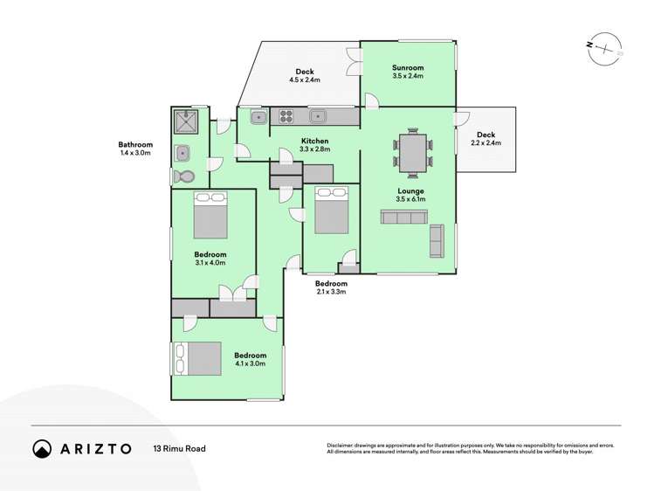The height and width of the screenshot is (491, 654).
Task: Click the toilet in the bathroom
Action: pyautogui.click(x=184, y=176)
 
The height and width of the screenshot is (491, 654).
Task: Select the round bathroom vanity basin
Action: pyautogui.click(x=183, y=154)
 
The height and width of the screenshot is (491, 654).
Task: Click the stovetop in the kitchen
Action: pyautogui.click(x=288, y=115)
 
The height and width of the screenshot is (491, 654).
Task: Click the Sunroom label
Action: pyautogui.click(x=407, y=67)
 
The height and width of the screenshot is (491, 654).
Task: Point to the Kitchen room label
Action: pyautogui.click(x=314, y=141)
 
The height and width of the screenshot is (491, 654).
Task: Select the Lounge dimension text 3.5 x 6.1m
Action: pyautogui.click(x=410, y=200)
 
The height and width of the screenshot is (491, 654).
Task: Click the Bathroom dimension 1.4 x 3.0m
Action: pyautogui.click(x=135, y=153)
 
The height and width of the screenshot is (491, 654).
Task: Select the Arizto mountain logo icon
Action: pyautogui.click(x=42, y=448)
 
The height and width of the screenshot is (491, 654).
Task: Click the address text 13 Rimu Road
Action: pyautogui.click(x=180, y=449)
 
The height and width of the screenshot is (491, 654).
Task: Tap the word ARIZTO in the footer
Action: pyautogui.click(x=96, y=449)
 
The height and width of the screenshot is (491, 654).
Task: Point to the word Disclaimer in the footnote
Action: pyautogui.click(x=343, y=446)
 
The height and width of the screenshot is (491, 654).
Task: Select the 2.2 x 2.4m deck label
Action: pyautogui.click(x=485, y=143)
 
